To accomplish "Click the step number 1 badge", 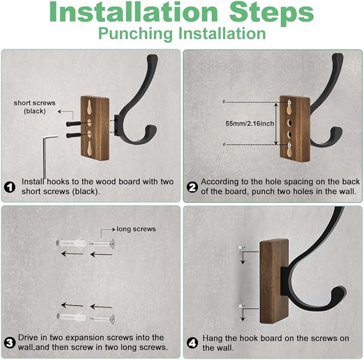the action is click(10, 187).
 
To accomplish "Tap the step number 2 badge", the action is click(192, 187).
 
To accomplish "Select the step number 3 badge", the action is click(10, 343).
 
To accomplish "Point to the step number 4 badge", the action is click(192, 343).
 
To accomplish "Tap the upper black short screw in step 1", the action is click(73, 124).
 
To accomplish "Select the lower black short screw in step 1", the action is click(73, 135).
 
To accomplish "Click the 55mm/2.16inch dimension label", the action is click(250, 123).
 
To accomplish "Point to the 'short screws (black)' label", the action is click(35, 107).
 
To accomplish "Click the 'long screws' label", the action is click(136, 229).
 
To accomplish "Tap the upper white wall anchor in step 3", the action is click(71, 244).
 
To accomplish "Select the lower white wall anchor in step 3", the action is click(71, 317).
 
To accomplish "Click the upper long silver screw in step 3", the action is click(102, 244).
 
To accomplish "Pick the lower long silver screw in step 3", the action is click(102, 319).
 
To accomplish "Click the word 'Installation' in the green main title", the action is click(133, 12).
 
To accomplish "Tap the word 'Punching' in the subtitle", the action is click(136, 34).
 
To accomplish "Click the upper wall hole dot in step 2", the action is click(224, 102).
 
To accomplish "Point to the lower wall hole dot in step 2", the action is click(224, 144).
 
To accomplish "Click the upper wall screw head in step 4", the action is click(242, 247).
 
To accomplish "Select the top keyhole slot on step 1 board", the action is click(90, 107).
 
